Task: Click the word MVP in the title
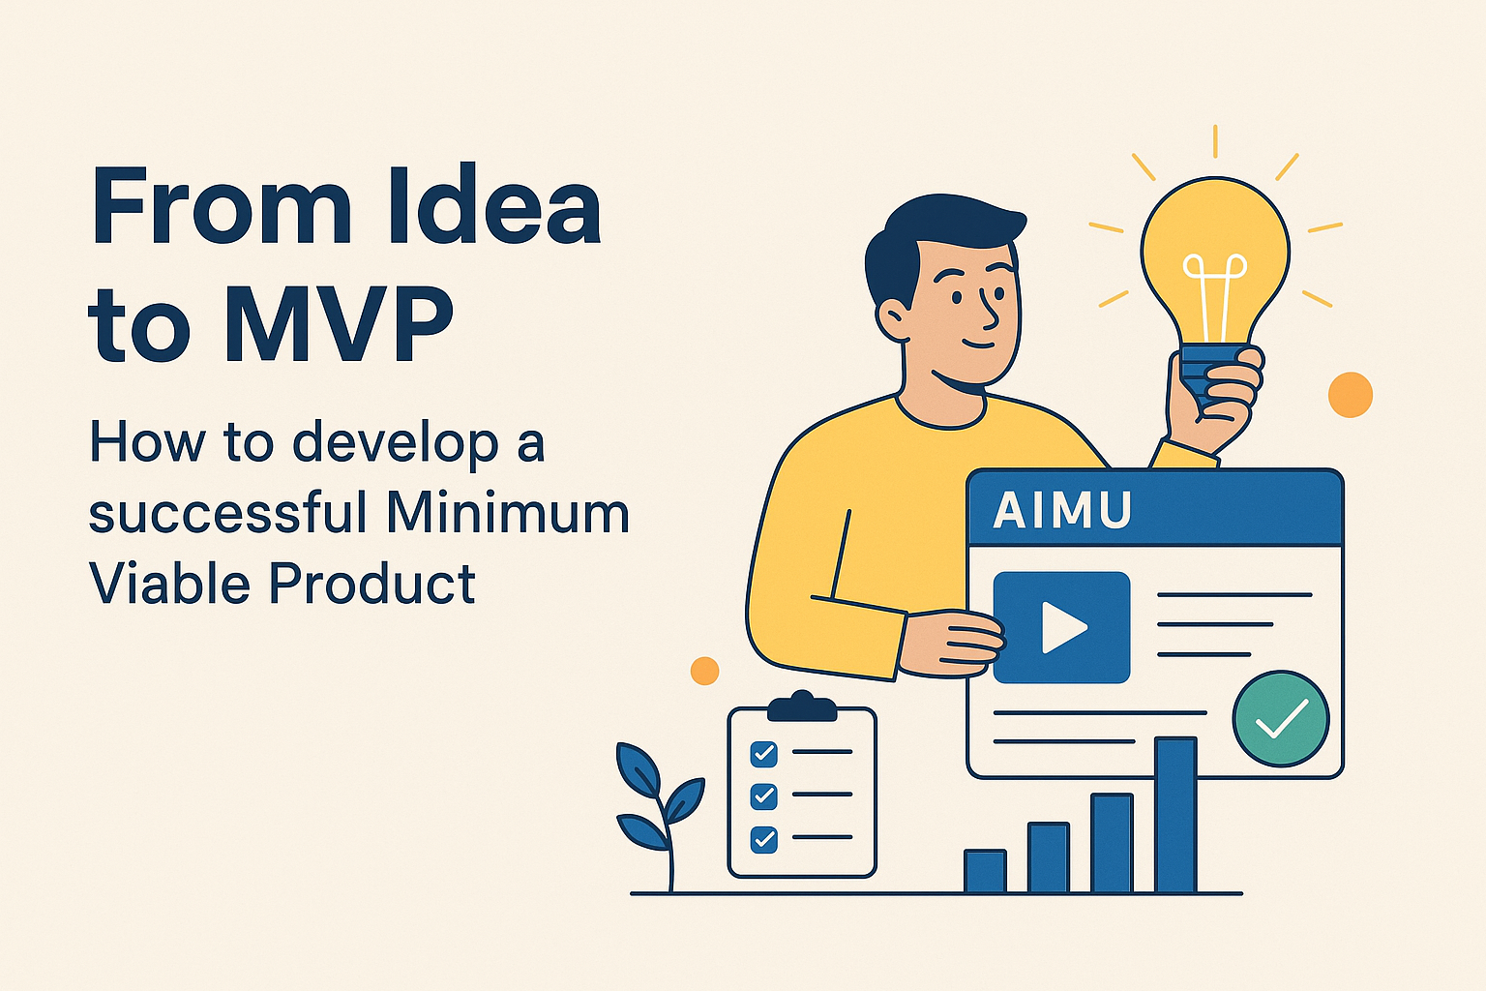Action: pyautogui.click(x=338, y=324)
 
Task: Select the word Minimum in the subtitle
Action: pyautogui.click(x=508, y=511)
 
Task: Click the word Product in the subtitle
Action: pyautogui.click(x=371, y=583)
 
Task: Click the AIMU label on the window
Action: pyautogui.click(x=1061, y=510)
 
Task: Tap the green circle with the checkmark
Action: pyautogui.click(x=1281, y=719)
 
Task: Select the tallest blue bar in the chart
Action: pyautogui.click(x=1175, y=815)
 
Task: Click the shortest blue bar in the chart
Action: pyautogui.click(x=985, y=871)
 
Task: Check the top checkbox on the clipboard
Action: pyautogui.click(x=763, y=753)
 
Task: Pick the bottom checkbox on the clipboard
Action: pyautogui.click(x=763, y=840)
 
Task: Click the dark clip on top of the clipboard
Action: pyautogui.click(x=802, y=706)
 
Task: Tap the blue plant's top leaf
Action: pyautogui.click(x=639, y=768)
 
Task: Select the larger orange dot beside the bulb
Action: pyautogui.click(x=1351, y=395)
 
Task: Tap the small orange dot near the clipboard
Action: pyautogui.click(x=704, y=671)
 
